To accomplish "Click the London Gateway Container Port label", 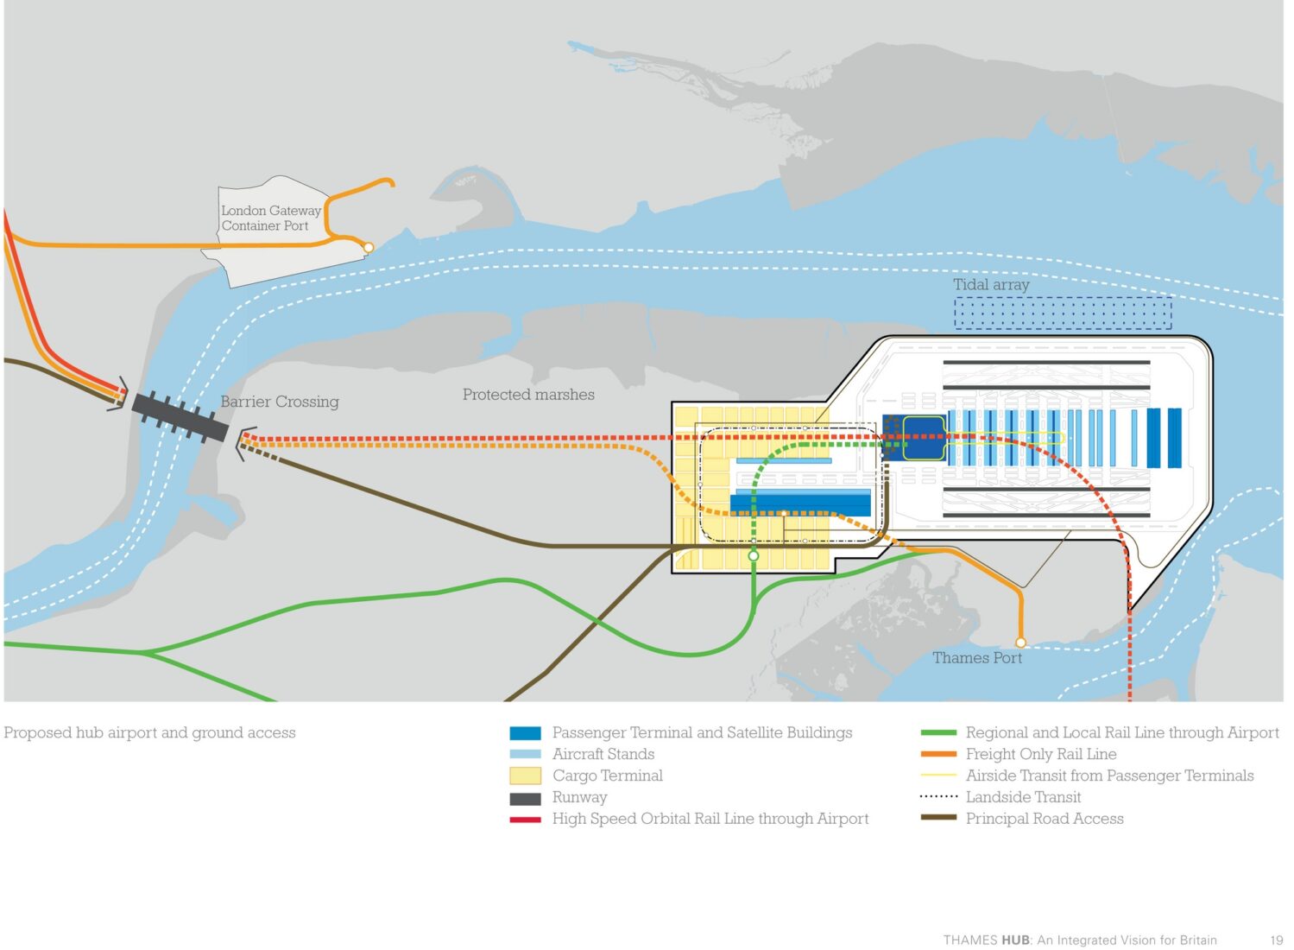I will pos(270,218).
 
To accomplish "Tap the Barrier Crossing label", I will pos(280,402).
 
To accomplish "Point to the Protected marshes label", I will pos(528,395).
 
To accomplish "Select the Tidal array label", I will pos(991,284).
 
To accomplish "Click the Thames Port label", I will pos(977,658).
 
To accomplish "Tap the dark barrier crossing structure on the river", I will pos(180,417).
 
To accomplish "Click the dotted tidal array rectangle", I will pos(1063,313).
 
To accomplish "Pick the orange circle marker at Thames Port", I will pos(1020,643).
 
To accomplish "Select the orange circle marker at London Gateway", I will pos(368,248).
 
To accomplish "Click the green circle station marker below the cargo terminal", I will pos(754,556).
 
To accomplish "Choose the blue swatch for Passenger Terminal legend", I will pos(525,733).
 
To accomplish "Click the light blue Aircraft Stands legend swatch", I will pos(525,755).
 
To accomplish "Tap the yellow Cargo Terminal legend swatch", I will pos(525,776).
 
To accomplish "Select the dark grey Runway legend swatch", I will pos(525,798).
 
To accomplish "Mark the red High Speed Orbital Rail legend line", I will pos(525,820).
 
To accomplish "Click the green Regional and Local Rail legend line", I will pos(938,733).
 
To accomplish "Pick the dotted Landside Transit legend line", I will pos(938,797).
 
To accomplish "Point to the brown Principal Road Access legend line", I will pos(938,818).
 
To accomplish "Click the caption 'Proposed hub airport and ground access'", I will pos(149,733).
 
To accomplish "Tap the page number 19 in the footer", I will pos(1276,940).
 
